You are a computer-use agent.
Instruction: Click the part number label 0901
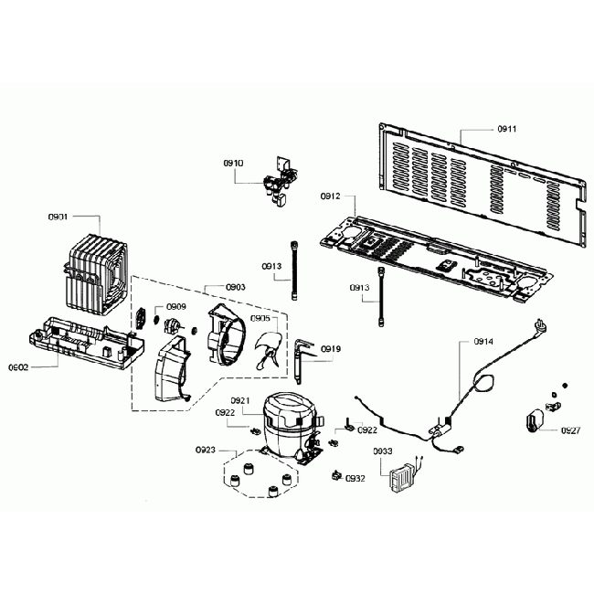coord(58,217)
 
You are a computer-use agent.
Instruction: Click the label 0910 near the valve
coord(233,162)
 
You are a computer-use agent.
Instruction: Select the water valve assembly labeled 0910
coord(278,180)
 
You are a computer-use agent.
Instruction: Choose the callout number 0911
coord(506,129)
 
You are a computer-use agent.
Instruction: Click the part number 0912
coord(330,196)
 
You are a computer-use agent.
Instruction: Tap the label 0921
coord(240,400)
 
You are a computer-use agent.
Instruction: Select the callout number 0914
coord(483,341)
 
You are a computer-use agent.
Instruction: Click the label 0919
coord(332,348)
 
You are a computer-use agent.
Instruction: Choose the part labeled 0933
coord(400,478)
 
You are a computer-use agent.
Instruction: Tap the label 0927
coord(571,430)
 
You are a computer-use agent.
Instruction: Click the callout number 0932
coord(356,478)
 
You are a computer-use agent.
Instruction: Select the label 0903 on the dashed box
coord(235,287)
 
